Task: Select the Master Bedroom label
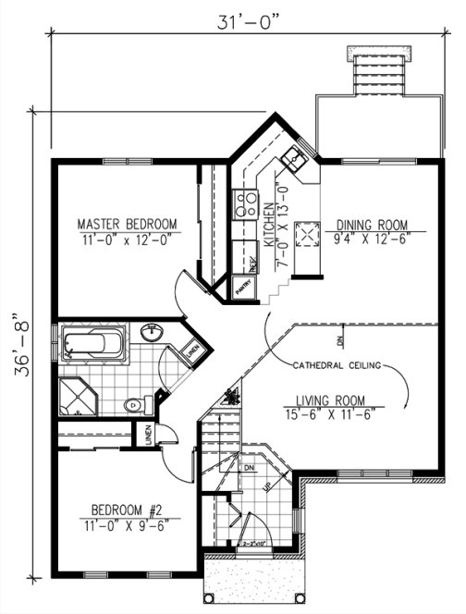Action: click(x=127, y=224)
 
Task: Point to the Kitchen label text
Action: click(x=270, y=227)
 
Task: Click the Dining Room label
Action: click(x=373, y=224)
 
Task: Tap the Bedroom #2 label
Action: click(x=129, y=509)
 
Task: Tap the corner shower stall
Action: click(x=78, y=396)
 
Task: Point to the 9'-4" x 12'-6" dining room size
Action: click(x=373, y=238)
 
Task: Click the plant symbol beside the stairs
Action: click(x=231, y=396)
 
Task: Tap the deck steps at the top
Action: click(x=376, y=70)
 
